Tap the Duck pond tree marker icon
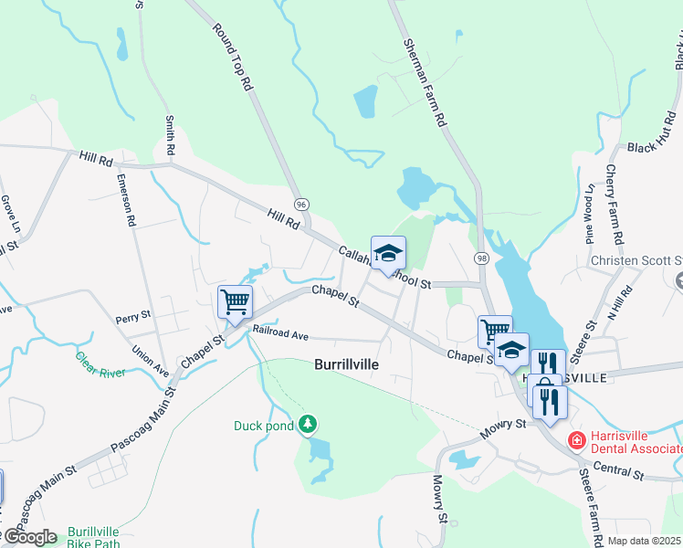(310, 424)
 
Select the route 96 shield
(301, 203)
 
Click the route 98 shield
(480, 259)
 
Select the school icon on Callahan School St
(388, 253)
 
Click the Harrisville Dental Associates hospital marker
(576, 441)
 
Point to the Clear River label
(100, 364)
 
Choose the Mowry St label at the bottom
(440, 498)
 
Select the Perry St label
(132, 317)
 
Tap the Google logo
(30, 537)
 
